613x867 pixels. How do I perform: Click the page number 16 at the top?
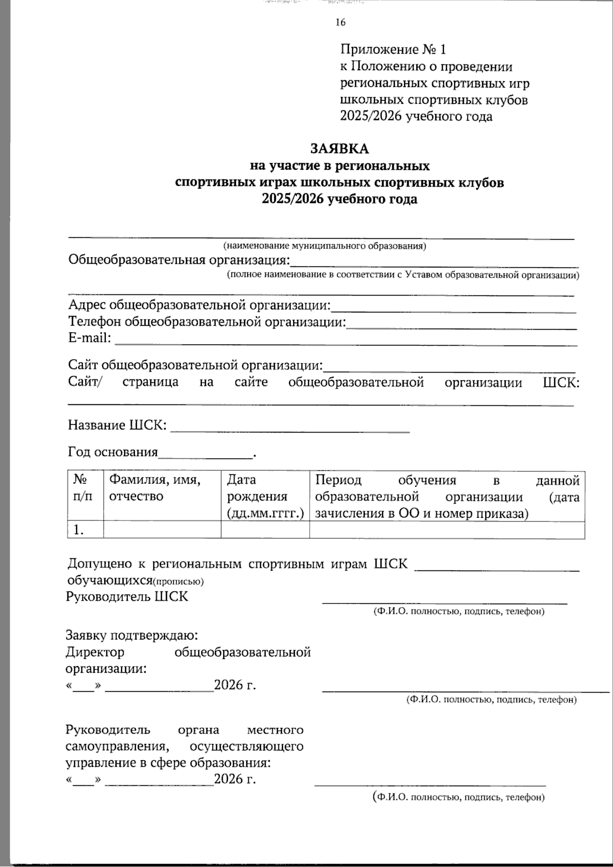341,22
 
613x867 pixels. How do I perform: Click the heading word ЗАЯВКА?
340,149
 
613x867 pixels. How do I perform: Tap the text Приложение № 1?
393,50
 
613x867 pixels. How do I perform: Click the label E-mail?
90,338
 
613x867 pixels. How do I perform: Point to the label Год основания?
113,452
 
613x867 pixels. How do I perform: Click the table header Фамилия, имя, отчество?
155,488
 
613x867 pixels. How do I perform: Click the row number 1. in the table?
78,530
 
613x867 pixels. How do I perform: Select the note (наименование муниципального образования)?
325,246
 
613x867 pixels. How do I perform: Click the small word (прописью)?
179,581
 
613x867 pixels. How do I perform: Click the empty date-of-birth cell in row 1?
265,530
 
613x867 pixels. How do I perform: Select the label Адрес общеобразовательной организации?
200,306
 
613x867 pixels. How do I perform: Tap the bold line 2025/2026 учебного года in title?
340,199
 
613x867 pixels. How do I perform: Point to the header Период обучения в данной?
447,480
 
